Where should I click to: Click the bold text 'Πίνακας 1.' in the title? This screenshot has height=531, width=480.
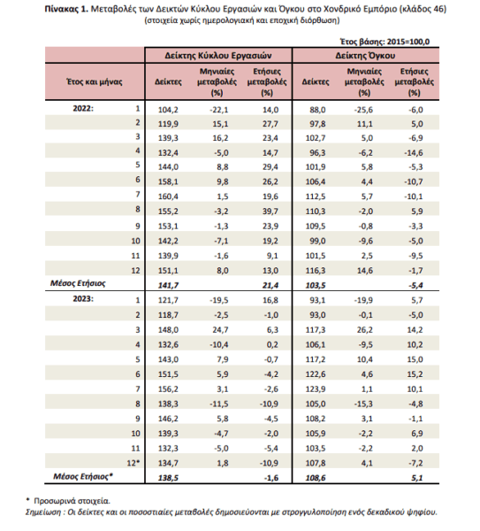point(66,10)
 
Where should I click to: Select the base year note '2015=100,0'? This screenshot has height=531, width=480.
point(408,42)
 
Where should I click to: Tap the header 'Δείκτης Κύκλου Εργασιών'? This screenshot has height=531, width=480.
point(218,56)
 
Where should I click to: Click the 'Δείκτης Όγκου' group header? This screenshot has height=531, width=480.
point(365,56)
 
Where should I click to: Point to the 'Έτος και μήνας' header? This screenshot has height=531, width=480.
point(95,81)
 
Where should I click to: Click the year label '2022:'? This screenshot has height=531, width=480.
point(83,109)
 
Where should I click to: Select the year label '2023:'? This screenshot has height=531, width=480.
point(83,299)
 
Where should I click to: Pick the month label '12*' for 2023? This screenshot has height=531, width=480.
point(133,463)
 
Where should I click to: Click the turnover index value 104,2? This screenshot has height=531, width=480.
point(168,110)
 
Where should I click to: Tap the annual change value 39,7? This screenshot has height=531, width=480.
point(270,212)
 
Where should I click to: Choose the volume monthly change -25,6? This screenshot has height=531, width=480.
point(363,110)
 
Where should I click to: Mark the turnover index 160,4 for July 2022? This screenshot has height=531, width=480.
point(168,196)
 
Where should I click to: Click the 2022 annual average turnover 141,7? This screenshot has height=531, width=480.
point(168,286)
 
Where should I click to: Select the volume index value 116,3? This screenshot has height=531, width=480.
point(316,271)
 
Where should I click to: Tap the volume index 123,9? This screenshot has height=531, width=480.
point(316,389)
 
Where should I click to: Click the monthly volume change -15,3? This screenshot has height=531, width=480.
point(363,404)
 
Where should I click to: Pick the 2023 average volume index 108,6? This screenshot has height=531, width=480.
point(316,478)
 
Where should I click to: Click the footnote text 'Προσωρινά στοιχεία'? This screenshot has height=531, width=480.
point(72,501)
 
